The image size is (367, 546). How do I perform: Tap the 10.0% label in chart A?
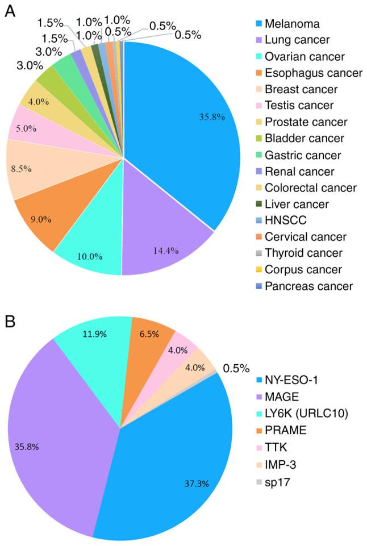[x=89, y=256]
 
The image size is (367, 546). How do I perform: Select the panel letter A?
[x=10, y=12]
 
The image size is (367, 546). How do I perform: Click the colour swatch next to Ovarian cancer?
[x=259, y=57]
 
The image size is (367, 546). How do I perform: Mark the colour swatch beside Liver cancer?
[x=259, y=204]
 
